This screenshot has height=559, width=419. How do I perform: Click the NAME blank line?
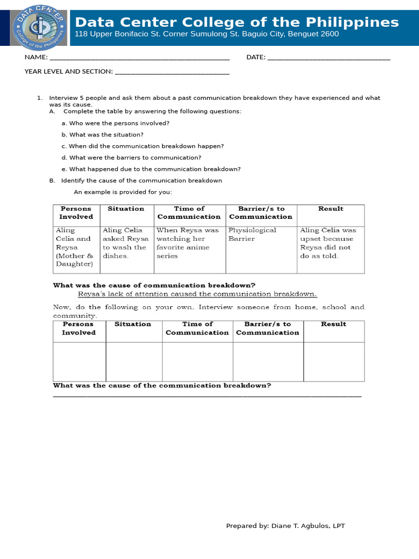[139, 58]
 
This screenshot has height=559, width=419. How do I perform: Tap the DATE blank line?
[329, 58]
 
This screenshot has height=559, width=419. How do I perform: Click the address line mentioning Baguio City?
[207, 34]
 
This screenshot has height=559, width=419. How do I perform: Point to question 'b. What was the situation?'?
[103, 135]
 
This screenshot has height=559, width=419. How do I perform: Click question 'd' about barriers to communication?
[131, 158]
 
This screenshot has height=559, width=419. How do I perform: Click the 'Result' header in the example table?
[331, 209]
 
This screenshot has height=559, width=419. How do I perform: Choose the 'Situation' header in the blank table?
[133, 324]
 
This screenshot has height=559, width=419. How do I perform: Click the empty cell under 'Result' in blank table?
[333, 361]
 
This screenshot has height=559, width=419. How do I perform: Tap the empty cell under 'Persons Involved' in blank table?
[79, 361]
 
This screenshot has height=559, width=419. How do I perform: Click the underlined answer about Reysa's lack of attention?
[197, 294]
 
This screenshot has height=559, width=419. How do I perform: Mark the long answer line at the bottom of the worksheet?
[207, 396]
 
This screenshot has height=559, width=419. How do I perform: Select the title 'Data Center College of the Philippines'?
[237, 22]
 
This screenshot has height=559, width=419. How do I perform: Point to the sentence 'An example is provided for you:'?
[123, 192]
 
